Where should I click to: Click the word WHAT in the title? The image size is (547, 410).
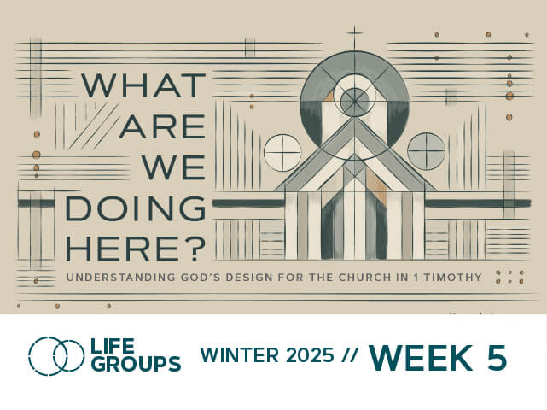tap(143, 85)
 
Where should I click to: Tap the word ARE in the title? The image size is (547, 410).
tap(162, 126)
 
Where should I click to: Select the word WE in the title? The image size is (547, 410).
tap(173, 167)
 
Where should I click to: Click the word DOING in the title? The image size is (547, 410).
tap(136, 208)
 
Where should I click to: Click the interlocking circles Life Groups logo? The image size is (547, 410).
tap(56, 356)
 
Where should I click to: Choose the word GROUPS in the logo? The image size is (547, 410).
tap(137, 364)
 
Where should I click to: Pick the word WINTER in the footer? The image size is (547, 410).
tap(239, 355)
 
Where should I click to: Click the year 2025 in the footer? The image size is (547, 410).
tap(310, 355)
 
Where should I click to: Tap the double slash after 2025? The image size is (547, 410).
tap(350, 355)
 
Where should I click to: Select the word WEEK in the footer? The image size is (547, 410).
tap(421, 358)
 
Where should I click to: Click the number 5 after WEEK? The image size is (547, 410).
tap(497, 358)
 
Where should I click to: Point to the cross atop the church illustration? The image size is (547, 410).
tap(355, 35)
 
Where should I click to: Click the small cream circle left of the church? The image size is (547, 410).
tap(282, 153)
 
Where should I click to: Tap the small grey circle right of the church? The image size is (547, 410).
tap(427, 151)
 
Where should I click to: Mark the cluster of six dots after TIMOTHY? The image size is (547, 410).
tap(509, 277)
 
